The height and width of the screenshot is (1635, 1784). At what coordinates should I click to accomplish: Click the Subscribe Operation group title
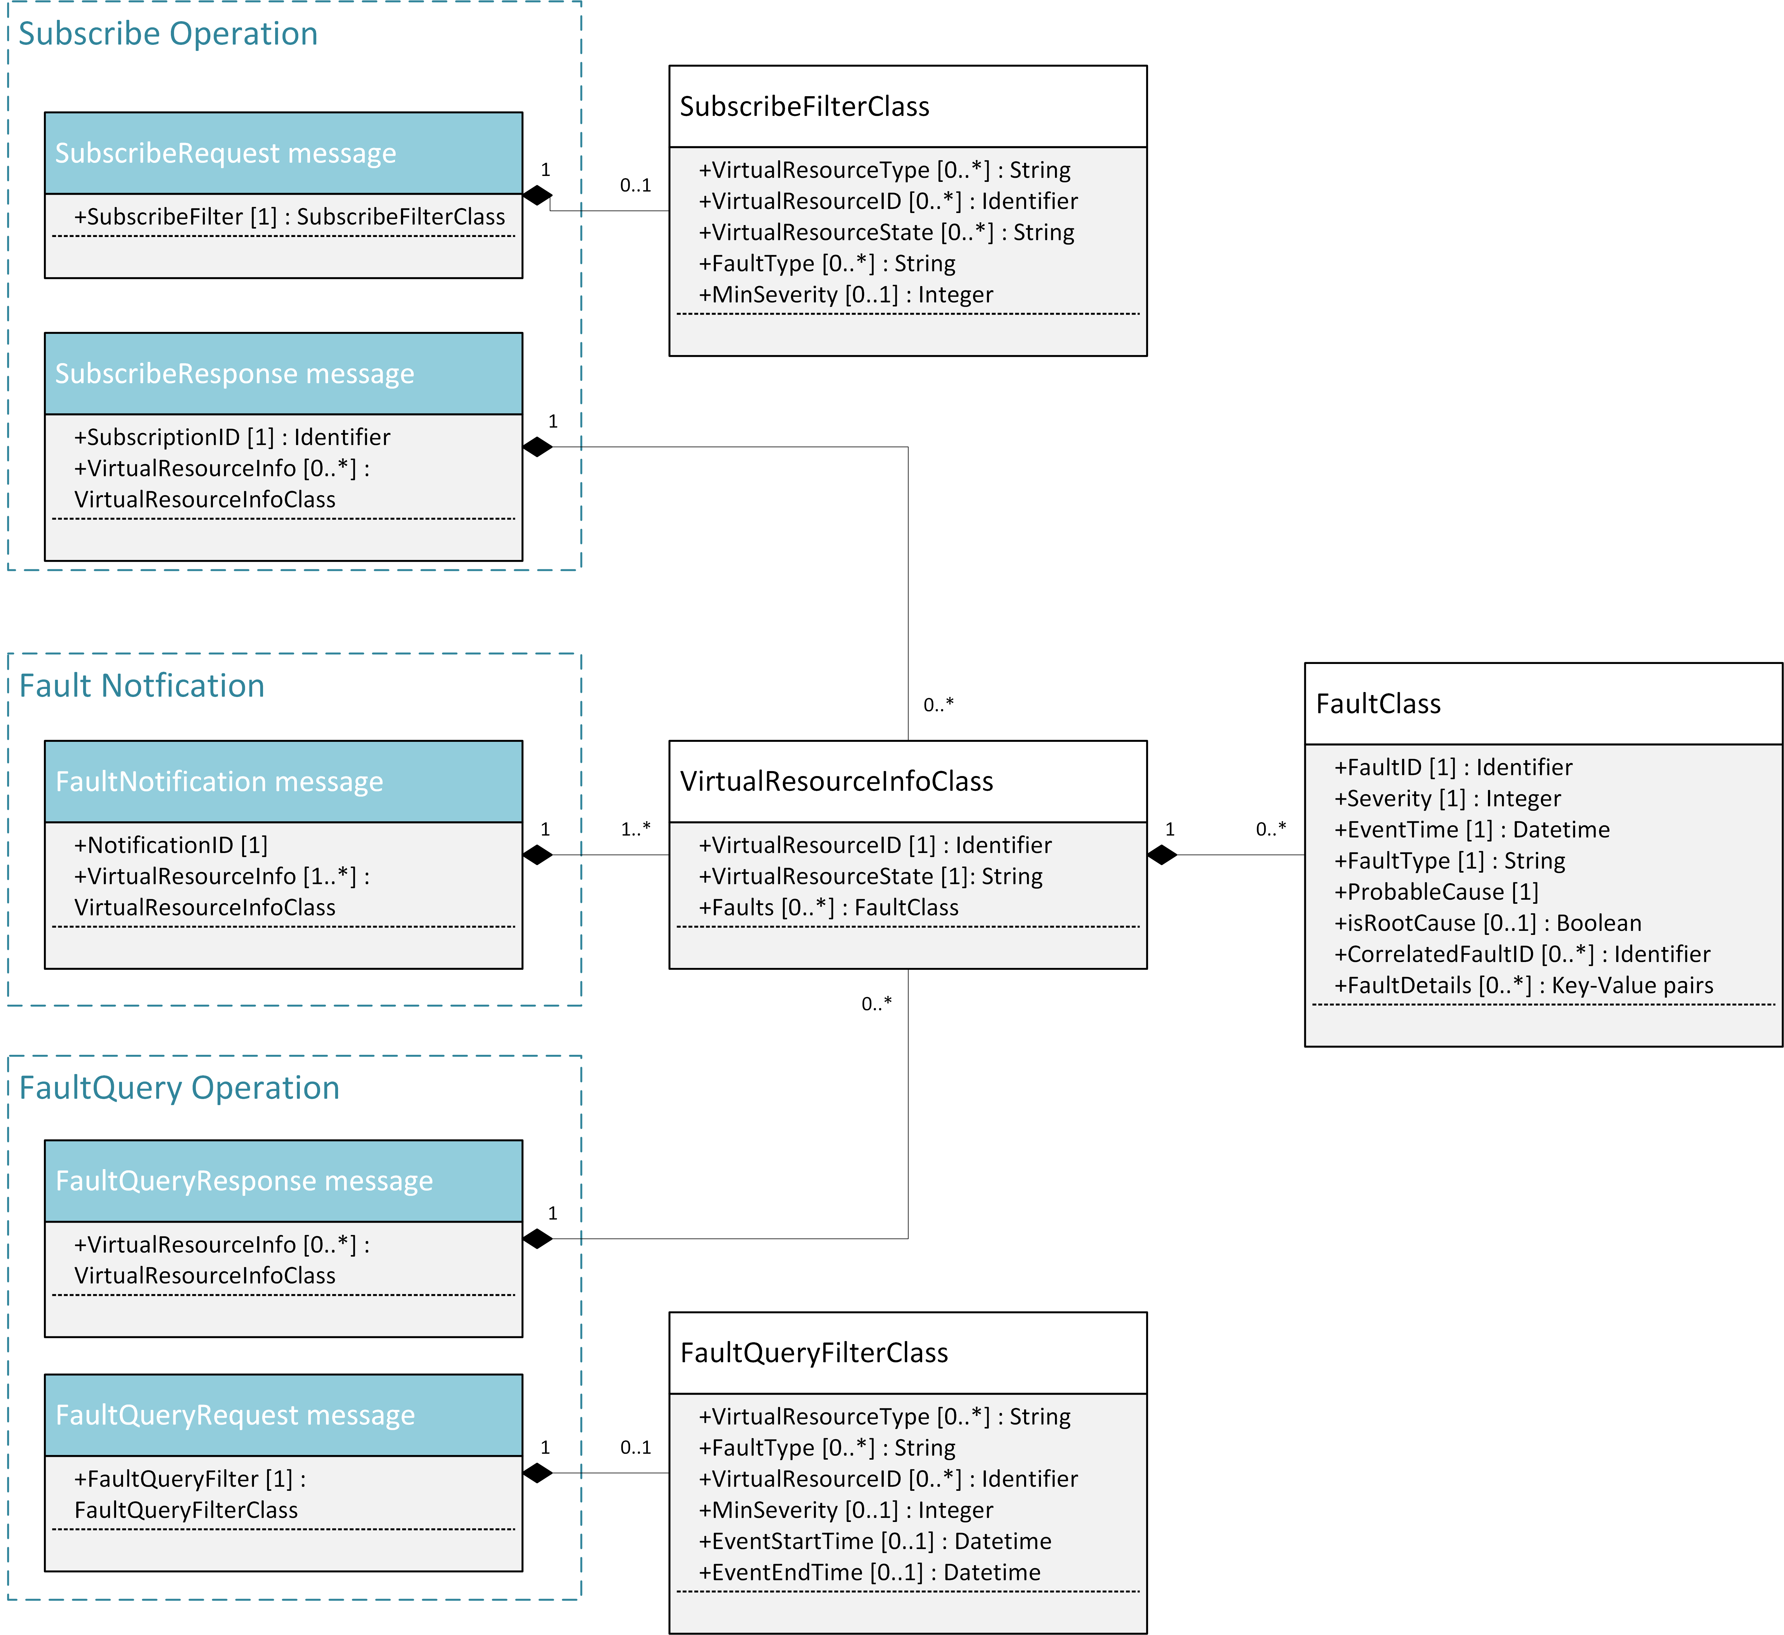pyautogui.click(x=168, y=34)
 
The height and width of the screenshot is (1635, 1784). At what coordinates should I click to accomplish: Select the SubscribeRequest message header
pyautogui.click(x=226, y=153)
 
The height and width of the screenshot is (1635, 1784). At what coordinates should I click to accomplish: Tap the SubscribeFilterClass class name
pyautogui.click(x=804, y=106)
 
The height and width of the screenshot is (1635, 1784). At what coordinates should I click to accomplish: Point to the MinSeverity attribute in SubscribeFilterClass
pyautogui.click(x=845, y=295)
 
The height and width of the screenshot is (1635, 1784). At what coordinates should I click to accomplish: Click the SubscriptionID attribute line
pyautogui.click(x=232, y=437)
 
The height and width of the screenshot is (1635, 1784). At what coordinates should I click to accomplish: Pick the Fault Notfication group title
pyautogui.click(x=142, y=686)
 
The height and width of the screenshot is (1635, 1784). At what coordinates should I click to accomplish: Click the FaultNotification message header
pyautogui.click(x=219, y=782)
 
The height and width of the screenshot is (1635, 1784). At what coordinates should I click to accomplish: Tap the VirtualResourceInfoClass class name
pyautogui.click(x=836, y=782)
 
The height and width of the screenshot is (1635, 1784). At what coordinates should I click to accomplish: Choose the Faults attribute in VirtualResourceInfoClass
pyautogui.click(x=828, y=908)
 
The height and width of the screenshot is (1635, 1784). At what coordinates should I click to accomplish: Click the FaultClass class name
pyautogui.click(x=1378, y=704)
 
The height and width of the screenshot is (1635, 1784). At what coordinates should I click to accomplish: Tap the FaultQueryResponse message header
pyautogui.click(x=244, y=1181)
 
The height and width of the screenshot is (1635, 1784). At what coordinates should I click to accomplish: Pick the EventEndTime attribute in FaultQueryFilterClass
pyautogui.click(x=869, y=1572)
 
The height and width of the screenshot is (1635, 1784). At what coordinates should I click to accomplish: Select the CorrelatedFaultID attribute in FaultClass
pyautogui.click(x=1522, y=954)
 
